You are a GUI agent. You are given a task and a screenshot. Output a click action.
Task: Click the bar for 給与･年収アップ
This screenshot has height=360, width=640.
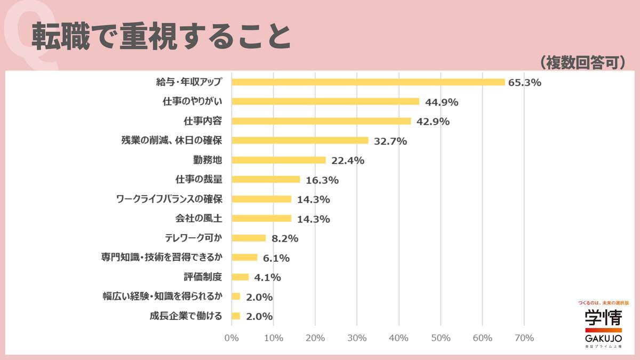coord(368,82)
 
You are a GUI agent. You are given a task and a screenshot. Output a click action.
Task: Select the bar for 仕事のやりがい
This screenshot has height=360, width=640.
coord(325,101)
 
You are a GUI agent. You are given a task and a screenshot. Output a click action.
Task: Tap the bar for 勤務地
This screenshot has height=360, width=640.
coord(278,160)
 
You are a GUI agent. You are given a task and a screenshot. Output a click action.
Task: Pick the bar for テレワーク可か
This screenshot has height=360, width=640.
coord(249,238)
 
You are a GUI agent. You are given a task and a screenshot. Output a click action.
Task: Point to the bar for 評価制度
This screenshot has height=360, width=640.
coord(240,277)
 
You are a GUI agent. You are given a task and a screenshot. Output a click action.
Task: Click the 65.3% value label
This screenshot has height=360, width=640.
coord(525,83)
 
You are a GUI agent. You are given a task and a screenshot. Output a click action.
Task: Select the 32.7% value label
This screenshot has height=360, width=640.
coord(390,141)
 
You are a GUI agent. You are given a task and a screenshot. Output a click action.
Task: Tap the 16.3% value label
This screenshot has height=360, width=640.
coord(322,180)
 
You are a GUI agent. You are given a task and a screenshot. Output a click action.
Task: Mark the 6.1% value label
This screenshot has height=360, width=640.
coord(276,258)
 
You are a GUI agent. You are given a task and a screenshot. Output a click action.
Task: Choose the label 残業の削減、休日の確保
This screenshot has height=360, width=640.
coord(171,141)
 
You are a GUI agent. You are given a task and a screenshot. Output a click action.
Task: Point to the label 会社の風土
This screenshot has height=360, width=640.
coord(198,218)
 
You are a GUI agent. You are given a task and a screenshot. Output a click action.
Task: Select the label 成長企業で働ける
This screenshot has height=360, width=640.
coord(186,316)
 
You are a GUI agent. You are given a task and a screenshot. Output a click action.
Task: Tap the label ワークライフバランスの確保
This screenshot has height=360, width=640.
coord(169,199)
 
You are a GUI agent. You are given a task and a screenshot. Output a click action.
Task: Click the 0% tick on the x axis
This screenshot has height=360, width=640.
coord(231,338)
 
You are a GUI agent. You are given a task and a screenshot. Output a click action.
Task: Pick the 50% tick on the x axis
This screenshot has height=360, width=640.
coord(441,338)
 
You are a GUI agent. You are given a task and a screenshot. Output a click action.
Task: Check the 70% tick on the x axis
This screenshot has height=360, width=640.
coord(524,338)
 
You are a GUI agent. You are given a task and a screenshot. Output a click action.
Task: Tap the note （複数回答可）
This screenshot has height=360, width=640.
coord(582,62)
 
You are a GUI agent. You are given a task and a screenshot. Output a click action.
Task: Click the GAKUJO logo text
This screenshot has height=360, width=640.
coord(603,338)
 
